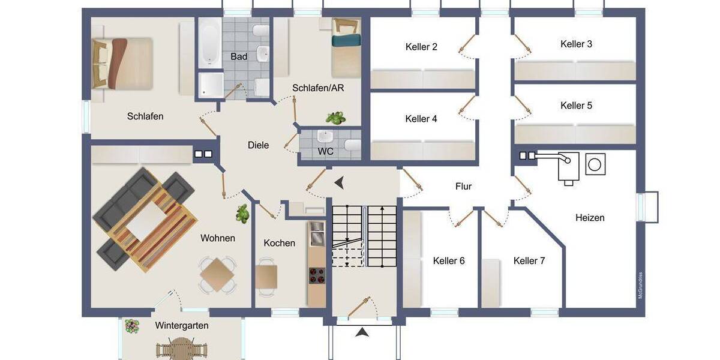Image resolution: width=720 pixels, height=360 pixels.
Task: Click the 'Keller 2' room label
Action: click(421, 47)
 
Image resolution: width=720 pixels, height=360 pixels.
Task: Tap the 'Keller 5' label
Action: click(576, 106)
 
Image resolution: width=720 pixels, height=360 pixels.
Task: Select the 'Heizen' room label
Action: click(590, 218)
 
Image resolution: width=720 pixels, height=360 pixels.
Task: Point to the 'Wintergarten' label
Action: click(182, 326)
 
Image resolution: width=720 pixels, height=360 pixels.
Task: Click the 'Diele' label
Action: click(259, 145)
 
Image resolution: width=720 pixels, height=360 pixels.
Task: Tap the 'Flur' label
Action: click(463, 187)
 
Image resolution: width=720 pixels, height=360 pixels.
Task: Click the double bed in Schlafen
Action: click(123, 62)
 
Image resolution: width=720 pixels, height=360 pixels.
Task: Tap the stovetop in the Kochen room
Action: click(316, 275)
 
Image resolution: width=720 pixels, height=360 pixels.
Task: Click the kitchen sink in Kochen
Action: click(316, 234)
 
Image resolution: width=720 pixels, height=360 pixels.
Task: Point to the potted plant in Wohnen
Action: click(242, 214)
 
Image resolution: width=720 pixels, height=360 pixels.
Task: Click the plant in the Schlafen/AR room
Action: click(335, 118)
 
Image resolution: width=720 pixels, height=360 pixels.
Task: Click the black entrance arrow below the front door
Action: click(362, 332)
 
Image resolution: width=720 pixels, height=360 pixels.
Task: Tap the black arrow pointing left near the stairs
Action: click(340, 181)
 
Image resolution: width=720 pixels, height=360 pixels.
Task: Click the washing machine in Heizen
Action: click(595, 164)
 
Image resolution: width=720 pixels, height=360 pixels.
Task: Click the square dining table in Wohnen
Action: click(217, 277)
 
